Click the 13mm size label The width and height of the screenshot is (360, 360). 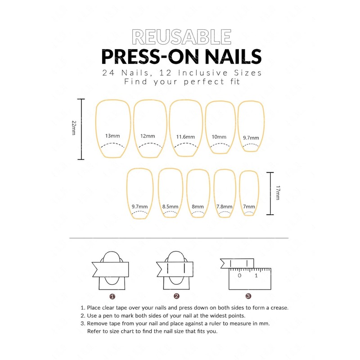coord(112,135)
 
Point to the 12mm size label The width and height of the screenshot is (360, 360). coord(148,136)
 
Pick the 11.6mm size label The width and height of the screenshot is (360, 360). coord(185,136)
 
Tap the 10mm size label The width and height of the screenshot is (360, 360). coord(219,136)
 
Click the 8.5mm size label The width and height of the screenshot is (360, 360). coord(171,207)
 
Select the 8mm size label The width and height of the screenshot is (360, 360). coord(198,207)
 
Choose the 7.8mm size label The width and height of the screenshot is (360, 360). coord(224,207)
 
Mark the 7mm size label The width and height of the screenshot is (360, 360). coord(248,207)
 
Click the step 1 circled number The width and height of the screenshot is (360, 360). coord(112,296)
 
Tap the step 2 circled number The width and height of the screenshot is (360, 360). coord(176,296)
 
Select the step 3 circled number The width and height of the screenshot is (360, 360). coord(248,296)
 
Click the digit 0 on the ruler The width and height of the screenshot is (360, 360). coord(239,275)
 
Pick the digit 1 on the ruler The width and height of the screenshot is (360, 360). coord(256,275)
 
